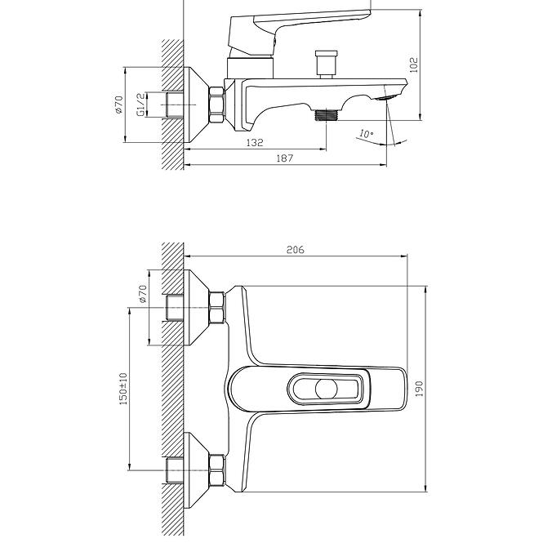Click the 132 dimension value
(x=255, y=142)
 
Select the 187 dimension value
(x=285, y=158)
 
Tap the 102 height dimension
(x=414, y=65)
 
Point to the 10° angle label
(x=366, y=133)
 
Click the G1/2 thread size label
(x=140, y=105)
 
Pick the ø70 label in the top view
(x=118, y=105)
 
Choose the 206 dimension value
(x=295, y=250)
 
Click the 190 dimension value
(x=419, y=389)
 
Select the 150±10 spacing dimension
(x=123, y=389)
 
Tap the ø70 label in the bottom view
(x=143, y=294)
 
